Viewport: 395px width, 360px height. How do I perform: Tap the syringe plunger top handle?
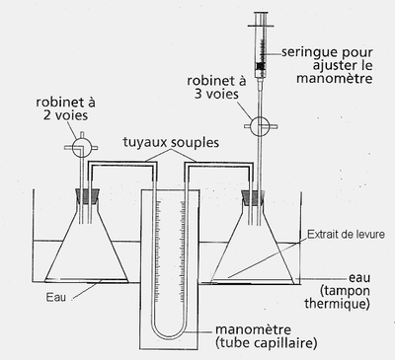(261, 12)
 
